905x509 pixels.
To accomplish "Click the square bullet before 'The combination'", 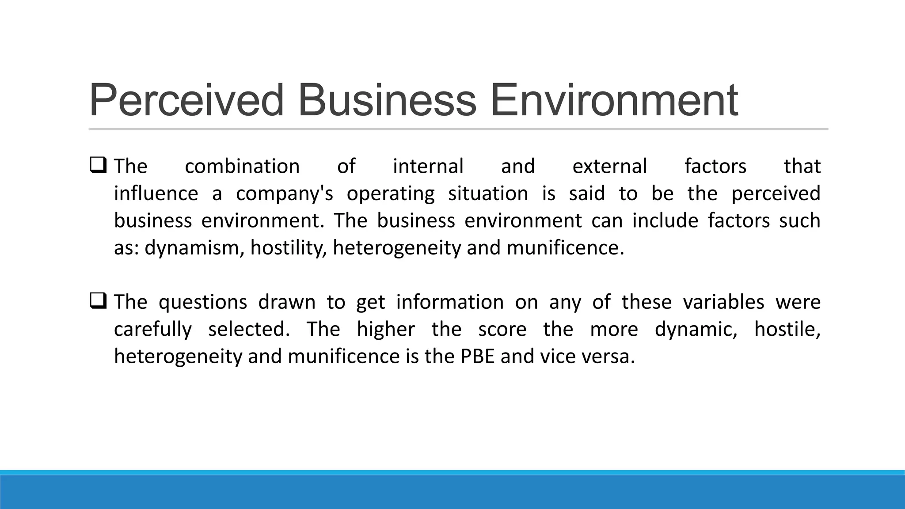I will coord(98,165).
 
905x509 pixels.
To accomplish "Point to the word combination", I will coord(242,167).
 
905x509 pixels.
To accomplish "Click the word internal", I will coord(428,167).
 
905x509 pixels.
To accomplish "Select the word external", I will coord(610,167).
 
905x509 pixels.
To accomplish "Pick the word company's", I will coord(285,194).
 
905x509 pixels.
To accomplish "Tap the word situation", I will coord(488,194).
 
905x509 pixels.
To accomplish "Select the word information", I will coord(450,302).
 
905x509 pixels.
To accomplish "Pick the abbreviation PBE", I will coord(478,357).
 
